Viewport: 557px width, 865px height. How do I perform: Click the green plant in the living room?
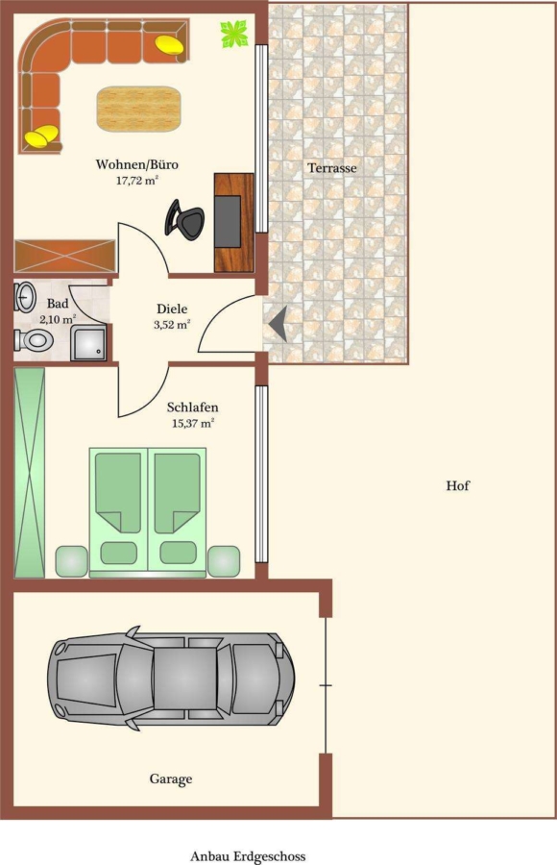pos(233,34)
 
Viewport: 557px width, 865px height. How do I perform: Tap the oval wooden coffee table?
pos(139,108)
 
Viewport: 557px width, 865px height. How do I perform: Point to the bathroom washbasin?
pos(25,297)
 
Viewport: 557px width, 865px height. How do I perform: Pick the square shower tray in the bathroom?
pos(88,343)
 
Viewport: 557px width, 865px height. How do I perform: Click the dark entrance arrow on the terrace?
pos(278,324)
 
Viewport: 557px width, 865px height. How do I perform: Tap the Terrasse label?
pos(332,167)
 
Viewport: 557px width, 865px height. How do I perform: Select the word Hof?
pos(458,485)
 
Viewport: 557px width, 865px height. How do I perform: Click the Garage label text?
pos(171,778)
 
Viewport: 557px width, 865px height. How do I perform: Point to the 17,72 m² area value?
pos(137,180)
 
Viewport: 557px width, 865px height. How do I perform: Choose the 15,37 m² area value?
pos(193,423)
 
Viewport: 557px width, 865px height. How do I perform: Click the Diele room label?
pos(172,309)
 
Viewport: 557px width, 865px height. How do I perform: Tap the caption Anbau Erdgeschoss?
pos(248,856)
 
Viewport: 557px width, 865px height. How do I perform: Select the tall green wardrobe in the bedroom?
pos(29,472)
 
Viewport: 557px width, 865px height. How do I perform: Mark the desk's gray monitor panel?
pos(228,221)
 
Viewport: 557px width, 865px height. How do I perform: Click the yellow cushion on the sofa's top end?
pos(170,43)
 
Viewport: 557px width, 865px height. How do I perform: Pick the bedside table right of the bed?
pos(224,560)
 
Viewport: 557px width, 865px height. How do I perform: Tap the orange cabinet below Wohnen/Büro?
pos(64,256)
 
